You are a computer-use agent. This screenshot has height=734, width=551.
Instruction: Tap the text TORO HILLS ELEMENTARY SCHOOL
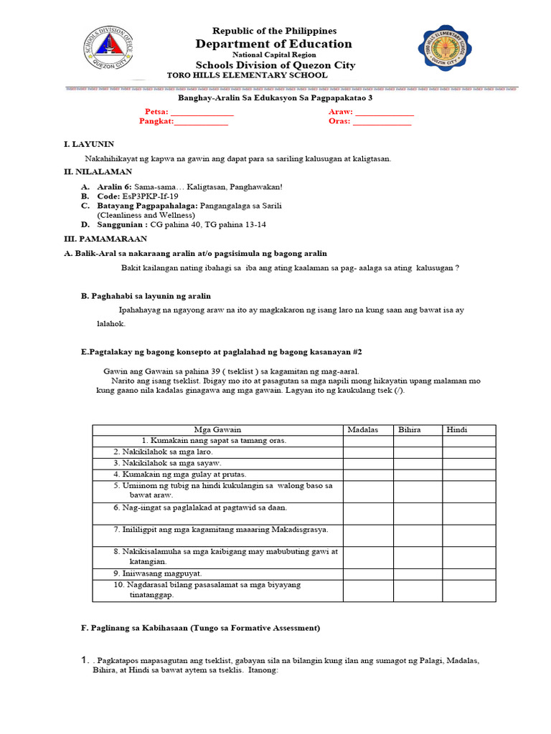[247, 75]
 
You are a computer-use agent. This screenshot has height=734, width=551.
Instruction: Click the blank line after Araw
[385, 113]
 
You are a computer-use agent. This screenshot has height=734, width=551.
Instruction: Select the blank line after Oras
[382, 122]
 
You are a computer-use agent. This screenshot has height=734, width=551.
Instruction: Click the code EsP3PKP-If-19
[151, 196]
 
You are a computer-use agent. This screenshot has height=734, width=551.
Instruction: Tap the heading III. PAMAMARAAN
[105, 239]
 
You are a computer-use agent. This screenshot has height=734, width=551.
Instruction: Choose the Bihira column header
[410, 429]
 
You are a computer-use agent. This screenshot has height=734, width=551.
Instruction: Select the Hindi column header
[457, 429]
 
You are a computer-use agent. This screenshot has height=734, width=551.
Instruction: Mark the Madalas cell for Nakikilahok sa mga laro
[367, 452]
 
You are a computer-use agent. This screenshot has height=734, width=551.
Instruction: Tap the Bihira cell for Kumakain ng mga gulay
[417, 474]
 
